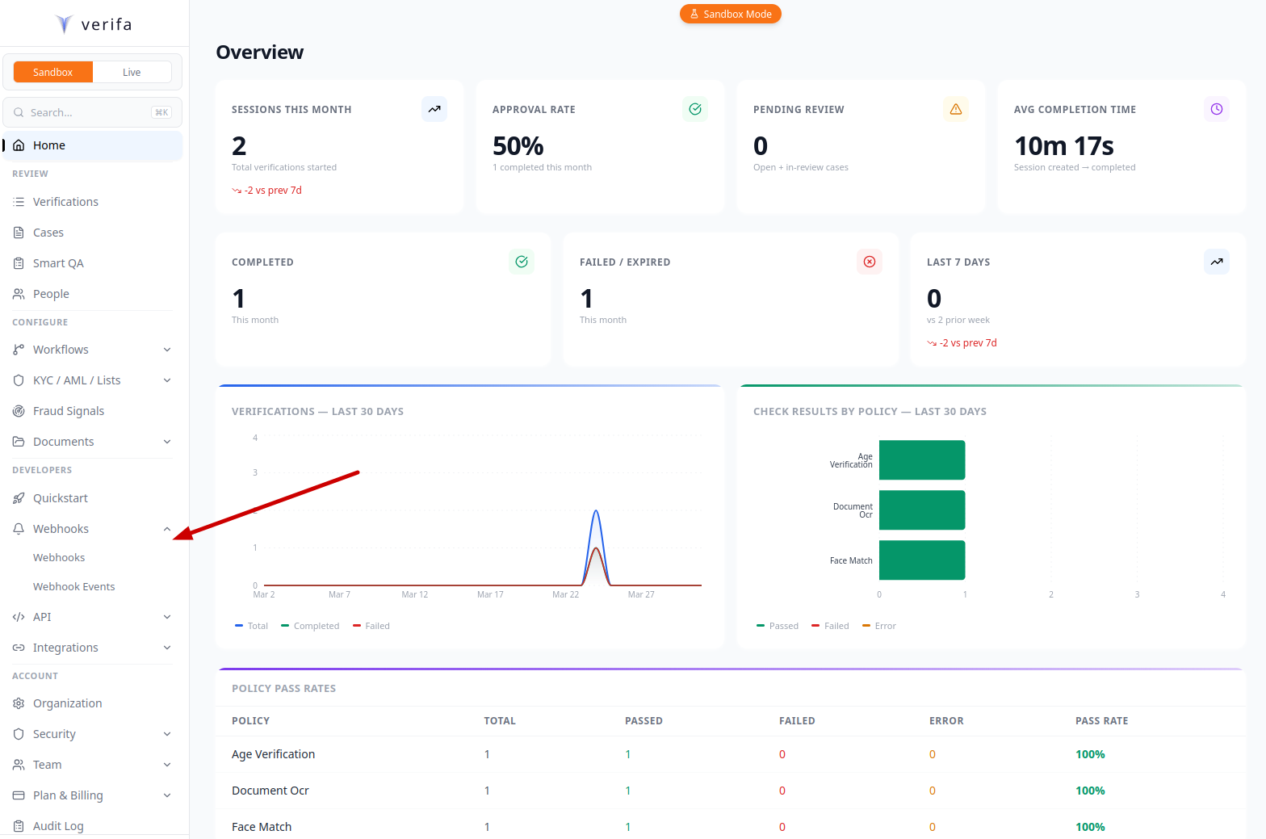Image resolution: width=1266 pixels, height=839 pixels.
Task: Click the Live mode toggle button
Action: click(132, 72)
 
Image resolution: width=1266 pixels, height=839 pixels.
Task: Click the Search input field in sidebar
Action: click(89, 112)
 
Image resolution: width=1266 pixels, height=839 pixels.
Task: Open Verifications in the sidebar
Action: click(65, 202)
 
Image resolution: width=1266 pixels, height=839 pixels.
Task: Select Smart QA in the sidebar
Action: click(58, 263)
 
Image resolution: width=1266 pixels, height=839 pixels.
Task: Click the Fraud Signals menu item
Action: click(69, 411)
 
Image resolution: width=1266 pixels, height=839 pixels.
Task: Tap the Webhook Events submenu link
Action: click(73, 587)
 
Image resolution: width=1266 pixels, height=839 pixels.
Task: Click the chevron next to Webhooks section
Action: click(167, 529)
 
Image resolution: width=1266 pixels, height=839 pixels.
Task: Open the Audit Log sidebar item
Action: click(58, 825)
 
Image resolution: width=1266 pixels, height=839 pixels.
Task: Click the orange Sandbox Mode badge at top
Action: click(730, 14)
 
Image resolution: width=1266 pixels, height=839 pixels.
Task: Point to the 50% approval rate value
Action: click(518, 146)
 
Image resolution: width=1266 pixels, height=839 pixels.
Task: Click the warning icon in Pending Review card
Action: click(955, 109)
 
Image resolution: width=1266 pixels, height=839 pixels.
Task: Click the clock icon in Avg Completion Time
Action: click(1216, 109)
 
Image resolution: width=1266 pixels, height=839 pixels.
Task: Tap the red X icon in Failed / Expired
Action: click(869, 262)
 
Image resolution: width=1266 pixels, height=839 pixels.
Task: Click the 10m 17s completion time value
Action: click(1063, 146)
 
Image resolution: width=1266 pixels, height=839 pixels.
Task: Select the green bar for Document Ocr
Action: click(921, 510)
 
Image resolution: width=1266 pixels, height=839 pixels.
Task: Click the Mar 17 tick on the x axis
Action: click(490, 594)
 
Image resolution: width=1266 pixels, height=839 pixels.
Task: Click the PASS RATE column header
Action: click(1101, 721)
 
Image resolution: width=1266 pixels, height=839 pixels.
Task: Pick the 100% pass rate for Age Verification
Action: click(1090, 754)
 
